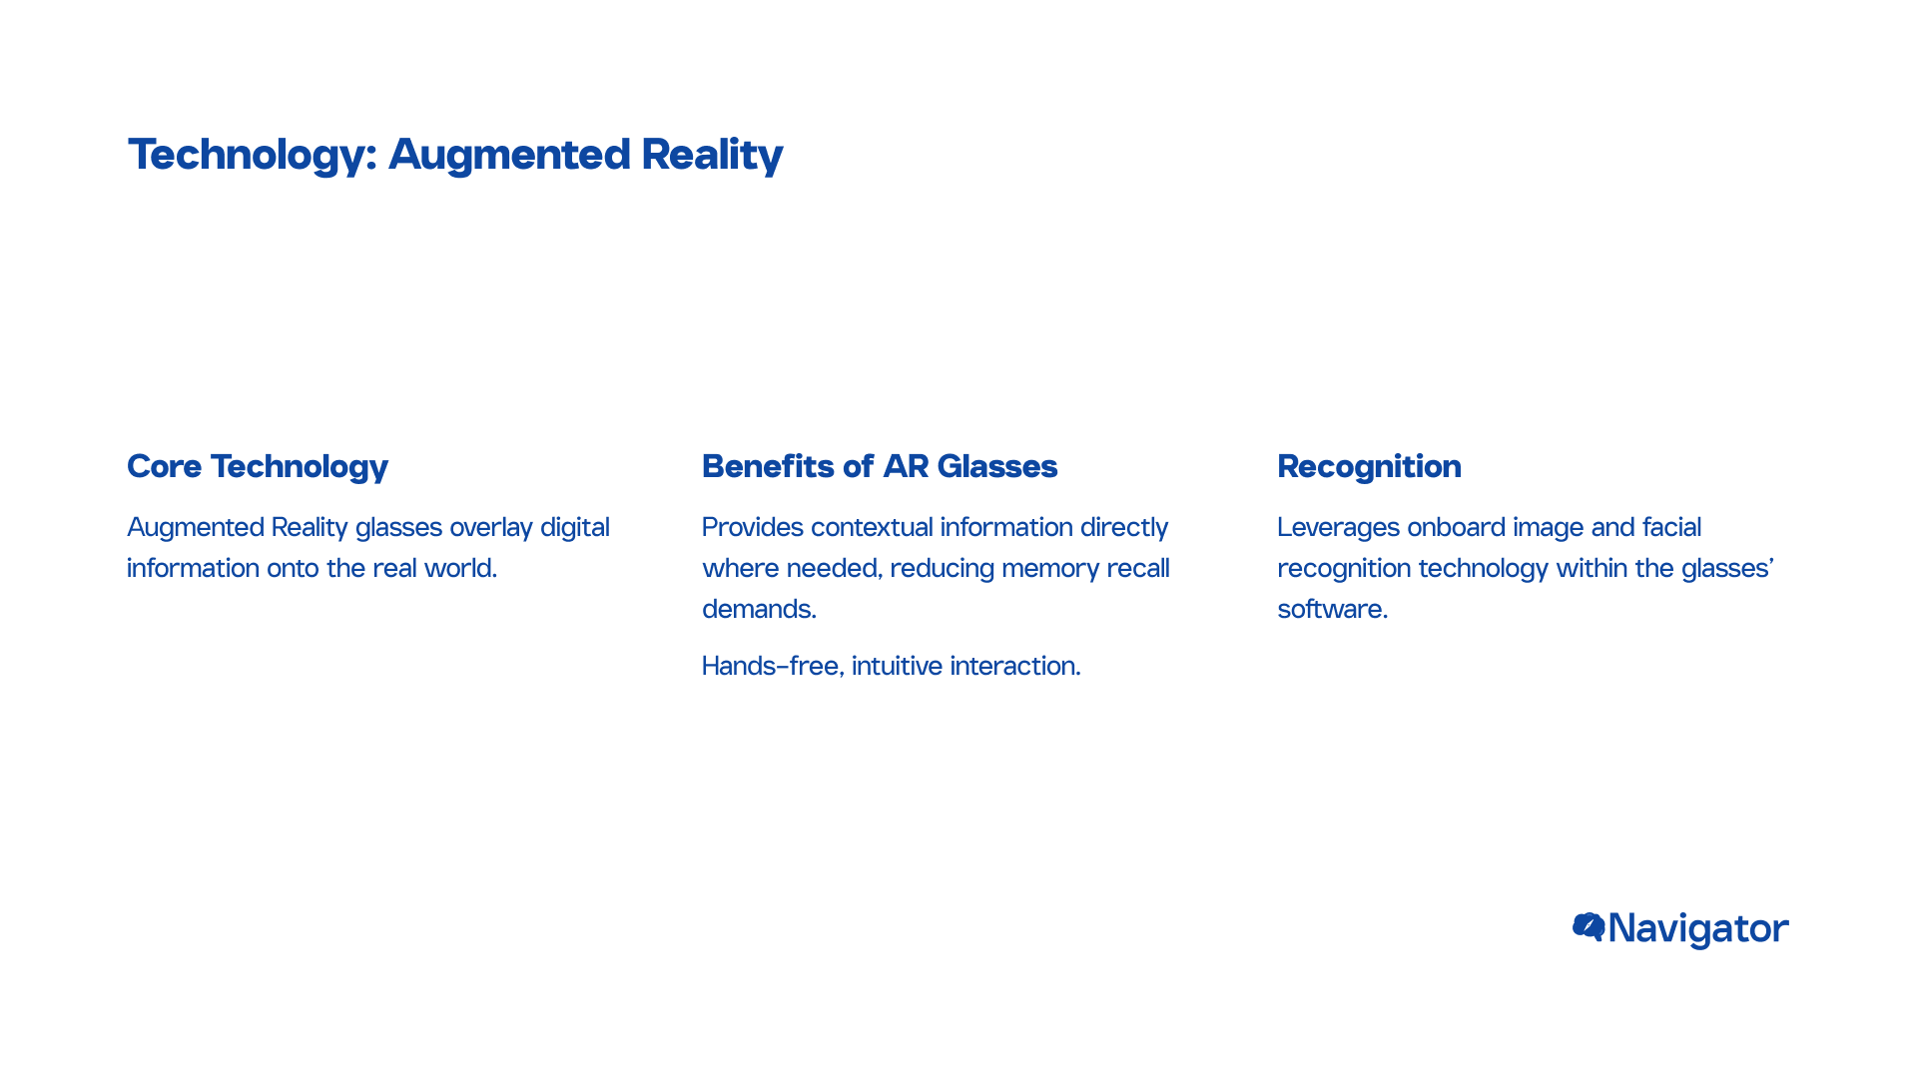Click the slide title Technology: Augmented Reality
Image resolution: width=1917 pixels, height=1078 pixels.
pos(455,155)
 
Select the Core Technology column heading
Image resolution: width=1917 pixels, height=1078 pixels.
pos(258,467)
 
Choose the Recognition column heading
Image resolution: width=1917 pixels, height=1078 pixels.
pos(1369,467)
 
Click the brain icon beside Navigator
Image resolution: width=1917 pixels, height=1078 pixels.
pos(1589,927)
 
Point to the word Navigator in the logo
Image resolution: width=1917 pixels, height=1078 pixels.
pos(1698,929)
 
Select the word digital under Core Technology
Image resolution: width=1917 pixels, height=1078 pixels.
pos(575,527)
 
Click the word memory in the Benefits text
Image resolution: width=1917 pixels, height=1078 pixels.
pos(1050,569)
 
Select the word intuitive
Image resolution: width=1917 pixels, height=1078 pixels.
pos(897,666)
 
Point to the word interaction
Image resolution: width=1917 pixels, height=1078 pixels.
pos(1015,666)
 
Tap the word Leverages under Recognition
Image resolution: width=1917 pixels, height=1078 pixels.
pos(1339,527)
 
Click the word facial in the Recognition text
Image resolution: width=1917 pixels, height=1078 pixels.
pos(1671,527)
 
